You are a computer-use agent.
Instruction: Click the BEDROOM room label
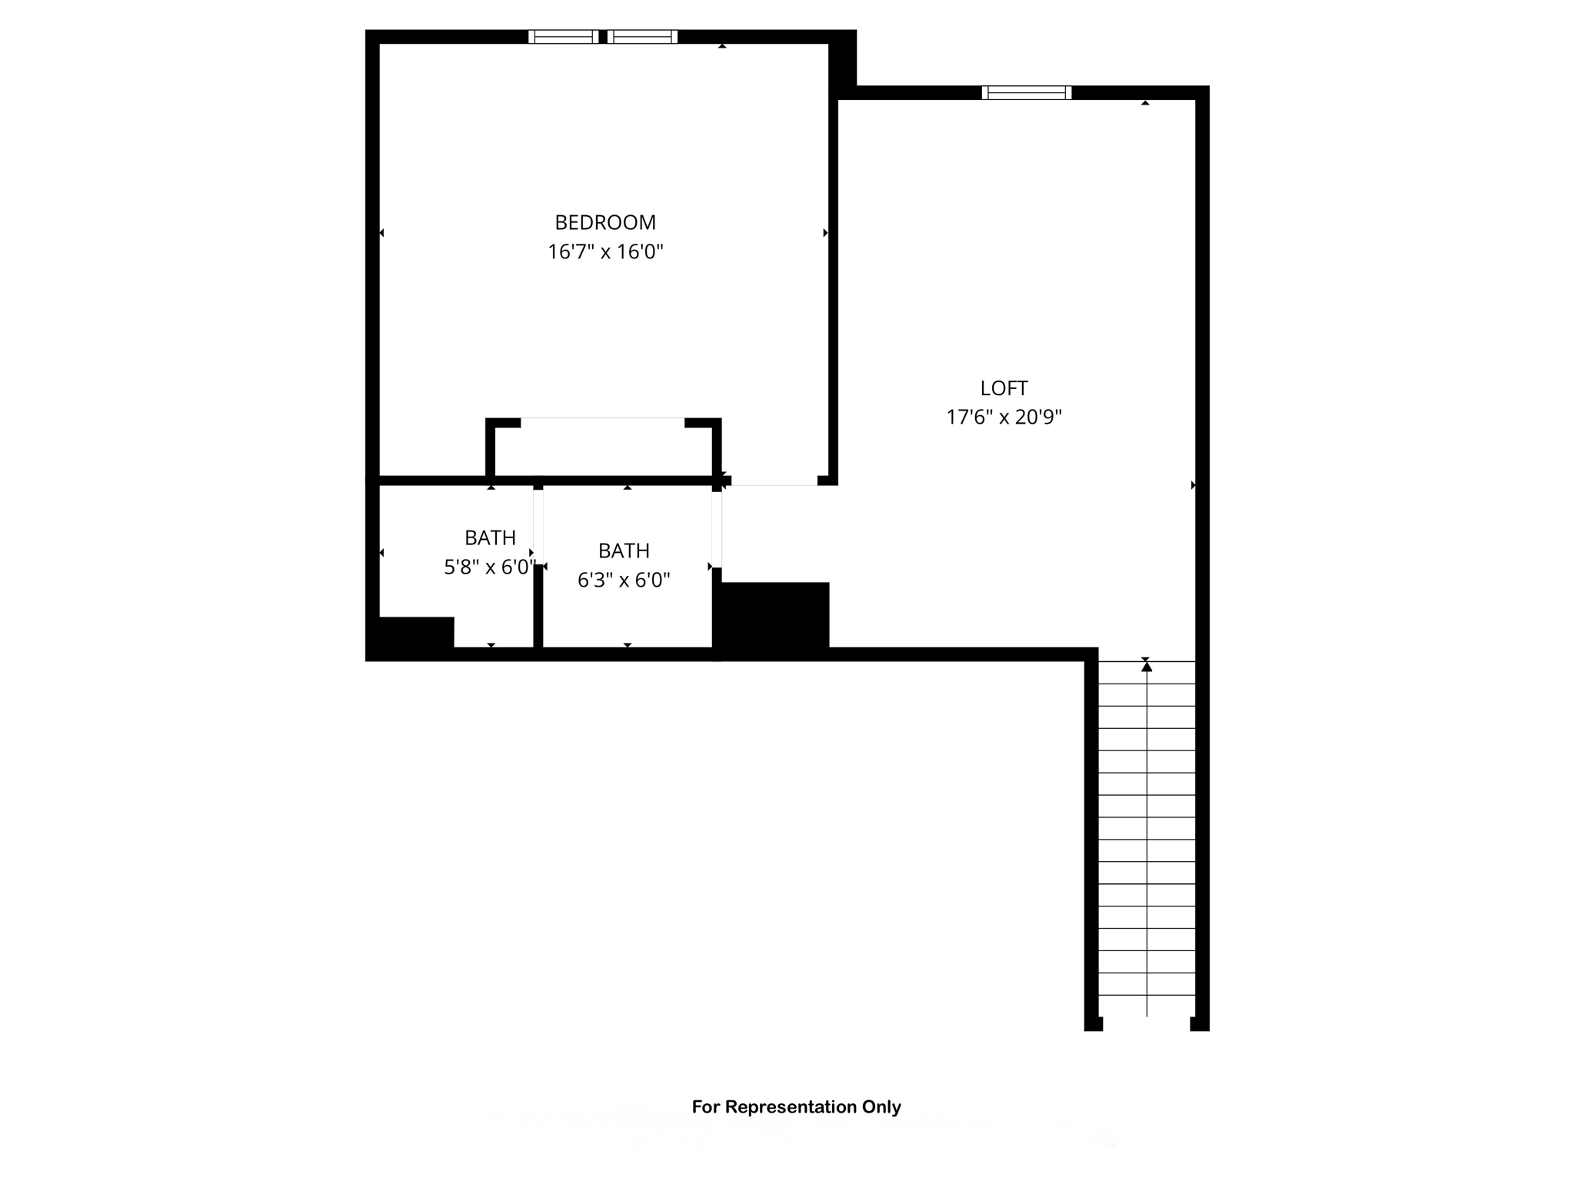(605, 222)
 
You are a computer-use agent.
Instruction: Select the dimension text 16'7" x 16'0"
(605, 252)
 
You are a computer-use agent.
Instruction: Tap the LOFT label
(1004, 388)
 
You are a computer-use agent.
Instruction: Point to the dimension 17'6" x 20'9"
(1004, 418)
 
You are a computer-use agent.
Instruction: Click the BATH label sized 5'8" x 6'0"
(490, 537)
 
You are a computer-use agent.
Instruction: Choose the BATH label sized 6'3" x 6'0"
(624, 551)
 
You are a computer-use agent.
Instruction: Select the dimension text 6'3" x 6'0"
(624, 580)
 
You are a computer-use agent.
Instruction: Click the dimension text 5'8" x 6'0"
(489, 567)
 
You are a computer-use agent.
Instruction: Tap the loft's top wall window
(1026, 93)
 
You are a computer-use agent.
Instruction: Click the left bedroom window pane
(563, 37)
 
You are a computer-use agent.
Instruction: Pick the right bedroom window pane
(643, 37)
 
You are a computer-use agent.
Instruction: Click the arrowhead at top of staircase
(1147, 667)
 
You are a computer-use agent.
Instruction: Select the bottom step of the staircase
(1147, 1006)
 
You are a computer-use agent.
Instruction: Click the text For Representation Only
(796, 1107)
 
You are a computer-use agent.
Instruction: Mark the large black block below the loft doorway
(773, 617)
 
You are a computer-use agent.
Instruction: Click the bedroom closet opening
(602, 420)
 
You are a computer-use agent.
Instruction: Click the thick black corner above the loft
(843, 62)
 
